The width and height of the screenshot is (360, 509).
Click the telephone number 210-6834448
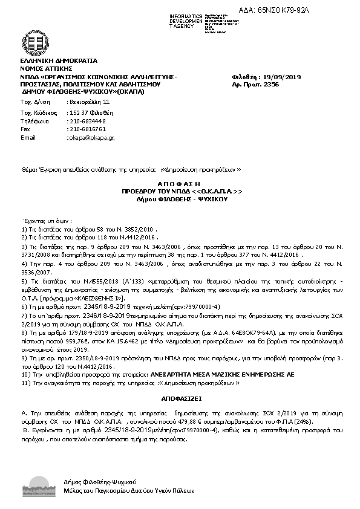[x=88, y=121]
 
